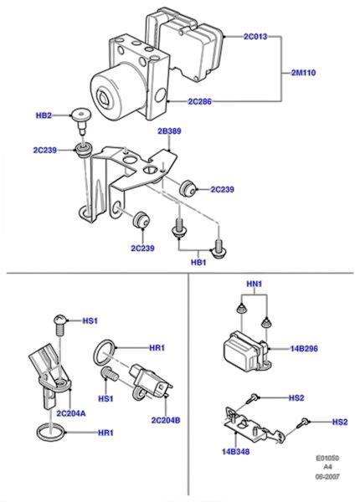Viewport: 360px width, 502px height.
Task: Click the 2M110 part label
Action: pos(303,73)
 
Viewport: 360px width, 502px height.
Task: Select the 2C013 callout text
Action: pos(255,37)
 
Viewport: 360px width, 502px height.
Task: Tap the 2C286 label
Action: pos(199,101)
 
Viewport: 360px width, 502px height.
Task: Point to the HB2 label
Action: pos(44,115)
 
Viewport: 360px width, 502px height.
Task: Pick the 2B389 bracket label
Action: pos(169,131)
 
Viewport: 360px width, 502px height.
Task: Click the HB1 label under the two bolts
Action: pos(198,263)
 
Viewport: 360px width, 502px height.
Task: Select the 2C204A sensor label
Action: pos(71,413)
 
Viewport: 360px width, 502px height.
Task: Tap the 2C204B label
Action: pos(166,420)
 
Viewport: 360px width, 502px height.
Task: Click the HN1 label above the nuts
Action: pos(255,284)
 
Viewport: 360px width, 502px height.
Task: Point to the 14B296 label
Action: pos(304,348)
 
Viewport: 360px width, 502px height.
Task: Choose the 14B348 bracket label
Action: pos(236,452)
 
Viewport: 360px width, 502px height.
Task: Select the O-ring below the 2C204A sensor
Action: pos(51,424)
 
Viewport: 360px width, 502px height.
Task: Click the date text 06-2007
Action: pos(327,477)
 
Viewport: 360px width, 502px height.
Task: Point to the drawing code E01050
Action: pos(327,458)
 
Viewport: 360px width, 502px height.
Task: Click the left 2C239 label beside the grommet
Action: pos(45,150)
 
